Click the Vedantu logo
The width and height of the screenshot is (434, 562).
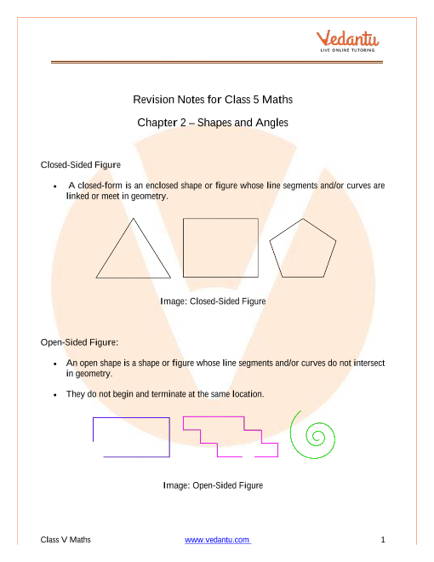pyautogui.click(x=347, y=41)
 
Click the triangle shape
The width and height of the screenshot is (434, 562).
pyautogui.click(x=115, y=248)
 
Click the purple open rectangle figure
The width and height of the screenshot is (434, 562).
pyautogui.click(x=169, y=438)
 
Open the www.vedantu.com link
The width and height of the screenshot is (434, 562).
pyautogui.click(x=217, y=540)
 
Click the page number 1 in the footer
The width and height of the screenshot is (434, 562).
pyautogui.click(x=383, y=539)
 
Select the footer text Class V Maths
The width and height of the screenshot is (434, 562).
pyautogui.click(x=66, y=539)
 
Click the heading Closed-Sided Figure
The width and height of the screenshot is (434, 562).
pyautogui.click(x=81, y=165)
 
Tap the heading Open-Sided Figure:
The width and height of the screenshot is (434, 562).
pyautogui.click(x=79, y=342)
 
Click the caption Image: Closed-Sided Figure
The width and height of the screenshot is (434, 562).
pyautogui.click(x=213, y=301)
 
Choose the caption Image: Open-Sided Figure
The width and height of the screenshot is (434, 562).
pyautogui.click(x=213, y=485)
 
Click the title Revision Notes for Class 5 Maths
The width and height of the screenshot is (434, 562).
pyautogui.click(x=213, y=100)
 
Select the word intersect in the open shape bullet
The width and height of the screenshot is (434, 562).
pyautogui.click(x=369, y=363)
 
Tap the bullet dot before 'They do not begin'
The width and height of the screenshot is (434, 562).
pyautogui.click(x=55, y=395)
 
